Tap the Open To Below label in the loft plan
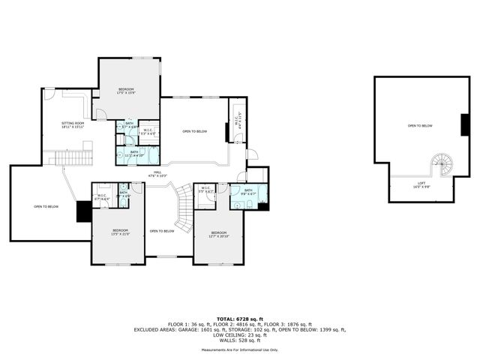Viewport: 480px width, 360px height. [x=420, y=125]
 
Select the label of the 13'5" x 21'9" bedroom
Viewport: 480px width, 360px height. [x=121, y=232]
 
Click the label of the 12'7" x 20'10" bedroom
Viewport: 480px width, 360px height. [x=219, y=234]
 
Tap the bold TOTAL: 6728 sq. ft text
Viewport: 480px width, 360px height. [x=239, y=319]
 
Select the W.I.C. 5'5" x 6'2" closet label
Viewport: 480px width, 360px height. [x=205, y=190]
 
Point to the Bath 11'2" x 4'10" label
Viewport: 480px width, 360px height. [x=134, y=153]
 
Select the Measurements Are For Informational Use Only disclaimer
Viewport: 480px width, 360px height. [x=239, y=349]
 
